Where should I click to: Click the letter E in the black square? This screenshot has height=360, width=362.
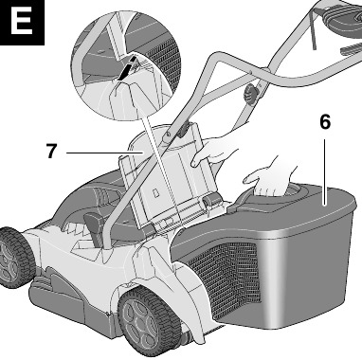point(22,22)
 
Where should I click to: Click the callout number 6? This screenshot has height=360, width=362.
point(325,122)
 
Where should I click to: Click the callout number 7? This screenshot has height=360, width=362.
point(52,151)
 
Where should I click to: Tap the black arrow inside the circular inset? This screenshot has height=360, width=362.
point(128,68)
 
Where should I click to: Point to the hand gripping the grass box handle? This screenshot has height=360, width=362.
point(270,177)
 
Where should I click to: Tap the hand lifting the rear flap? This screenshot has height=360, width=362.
point(215,151)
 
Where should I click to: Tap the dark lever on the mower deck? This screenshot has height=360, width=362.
point(93,225)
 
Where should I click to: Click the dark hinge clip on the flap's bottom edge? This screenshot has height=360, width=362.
point(211,200)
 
